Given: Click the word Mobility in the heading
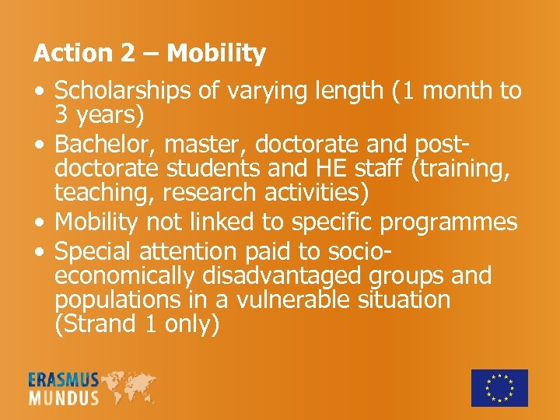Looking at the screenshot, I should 216,54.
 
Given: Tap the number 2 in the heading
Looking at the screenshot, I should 128,54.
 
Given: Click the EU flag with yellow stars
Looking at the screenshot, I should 499,387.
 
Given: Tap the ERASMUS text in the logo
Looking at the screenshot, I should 64,380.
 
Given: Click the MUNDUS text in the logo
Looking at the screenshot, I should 64,397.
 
